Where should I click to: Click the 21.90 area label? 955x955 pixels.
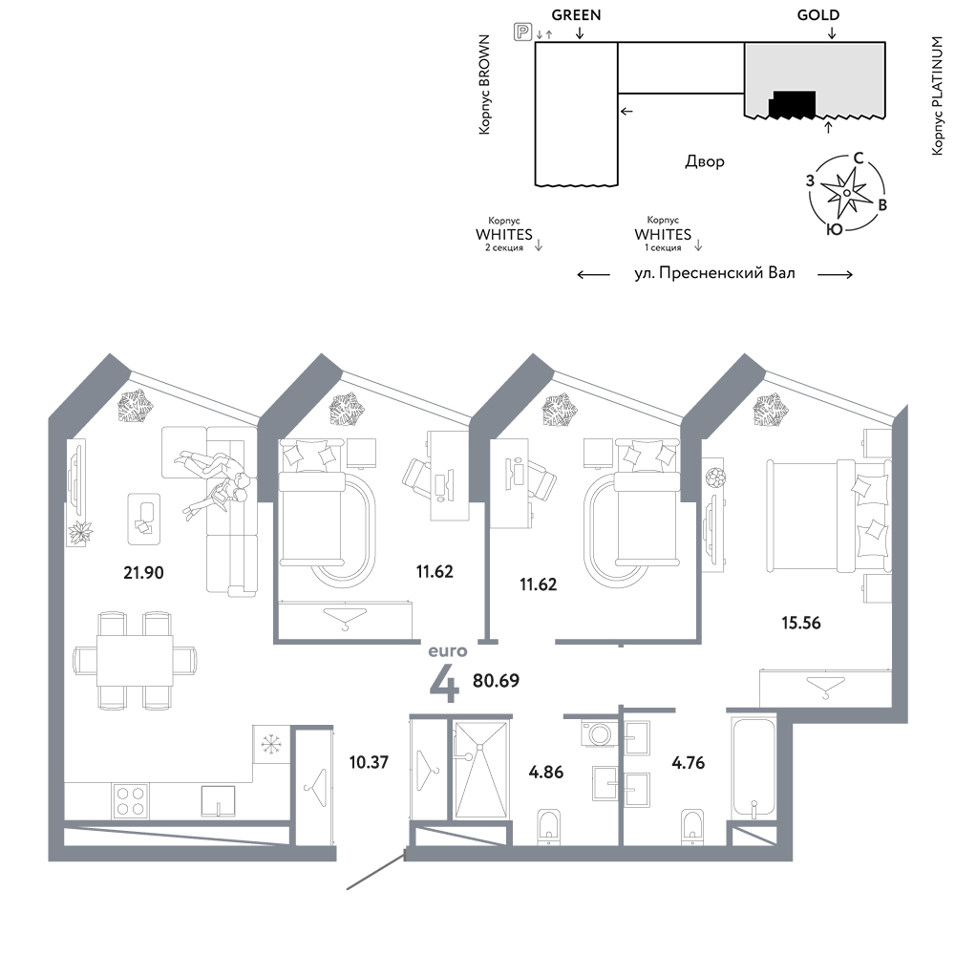(x=144, y=572)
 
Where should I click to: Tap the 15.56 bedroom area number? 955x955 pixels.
(x=801, y=623)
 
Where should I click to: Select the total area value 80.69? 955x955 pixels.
(x=496, y=680)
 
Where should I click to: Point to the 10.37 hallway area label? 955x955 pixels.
(x=369, y=762)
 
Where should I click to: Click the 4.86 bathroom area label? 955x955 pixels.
(x=546, y=772)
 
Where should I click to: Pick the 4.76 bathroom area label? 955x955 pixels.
(x=689, y=762)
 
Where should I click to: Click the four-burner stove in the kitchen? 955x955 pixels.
(x=130, y=801)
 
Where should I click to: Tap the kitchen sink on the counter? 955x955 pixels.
(x=218, y=801)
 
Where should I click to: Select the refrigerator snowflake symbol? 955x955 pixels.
(x=268, y=743)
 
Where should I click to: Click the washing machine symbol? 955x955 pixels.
(x=600, y=733)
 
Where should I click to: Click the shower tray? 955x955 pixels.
(x=481, y=770)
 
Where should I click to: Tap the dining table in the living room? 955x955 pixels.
(x=135, y=660)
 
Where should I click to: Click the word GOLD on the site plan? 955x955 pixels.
(x=818, y=15)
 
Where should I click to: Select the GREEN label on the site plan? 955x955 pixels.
(x=576, y=15)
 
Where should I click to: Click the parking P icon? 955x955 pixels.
(x=522, y=32)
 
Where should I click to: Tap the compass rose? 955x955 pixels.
(x=846, y=193)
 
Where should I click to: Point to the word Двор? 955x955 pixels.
(x=705, y=161)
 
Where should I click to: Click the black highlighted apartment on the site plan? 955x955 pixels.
(x=792, y=104)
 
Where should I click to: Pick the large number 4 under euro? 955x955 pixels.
(x=445, y=684)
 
